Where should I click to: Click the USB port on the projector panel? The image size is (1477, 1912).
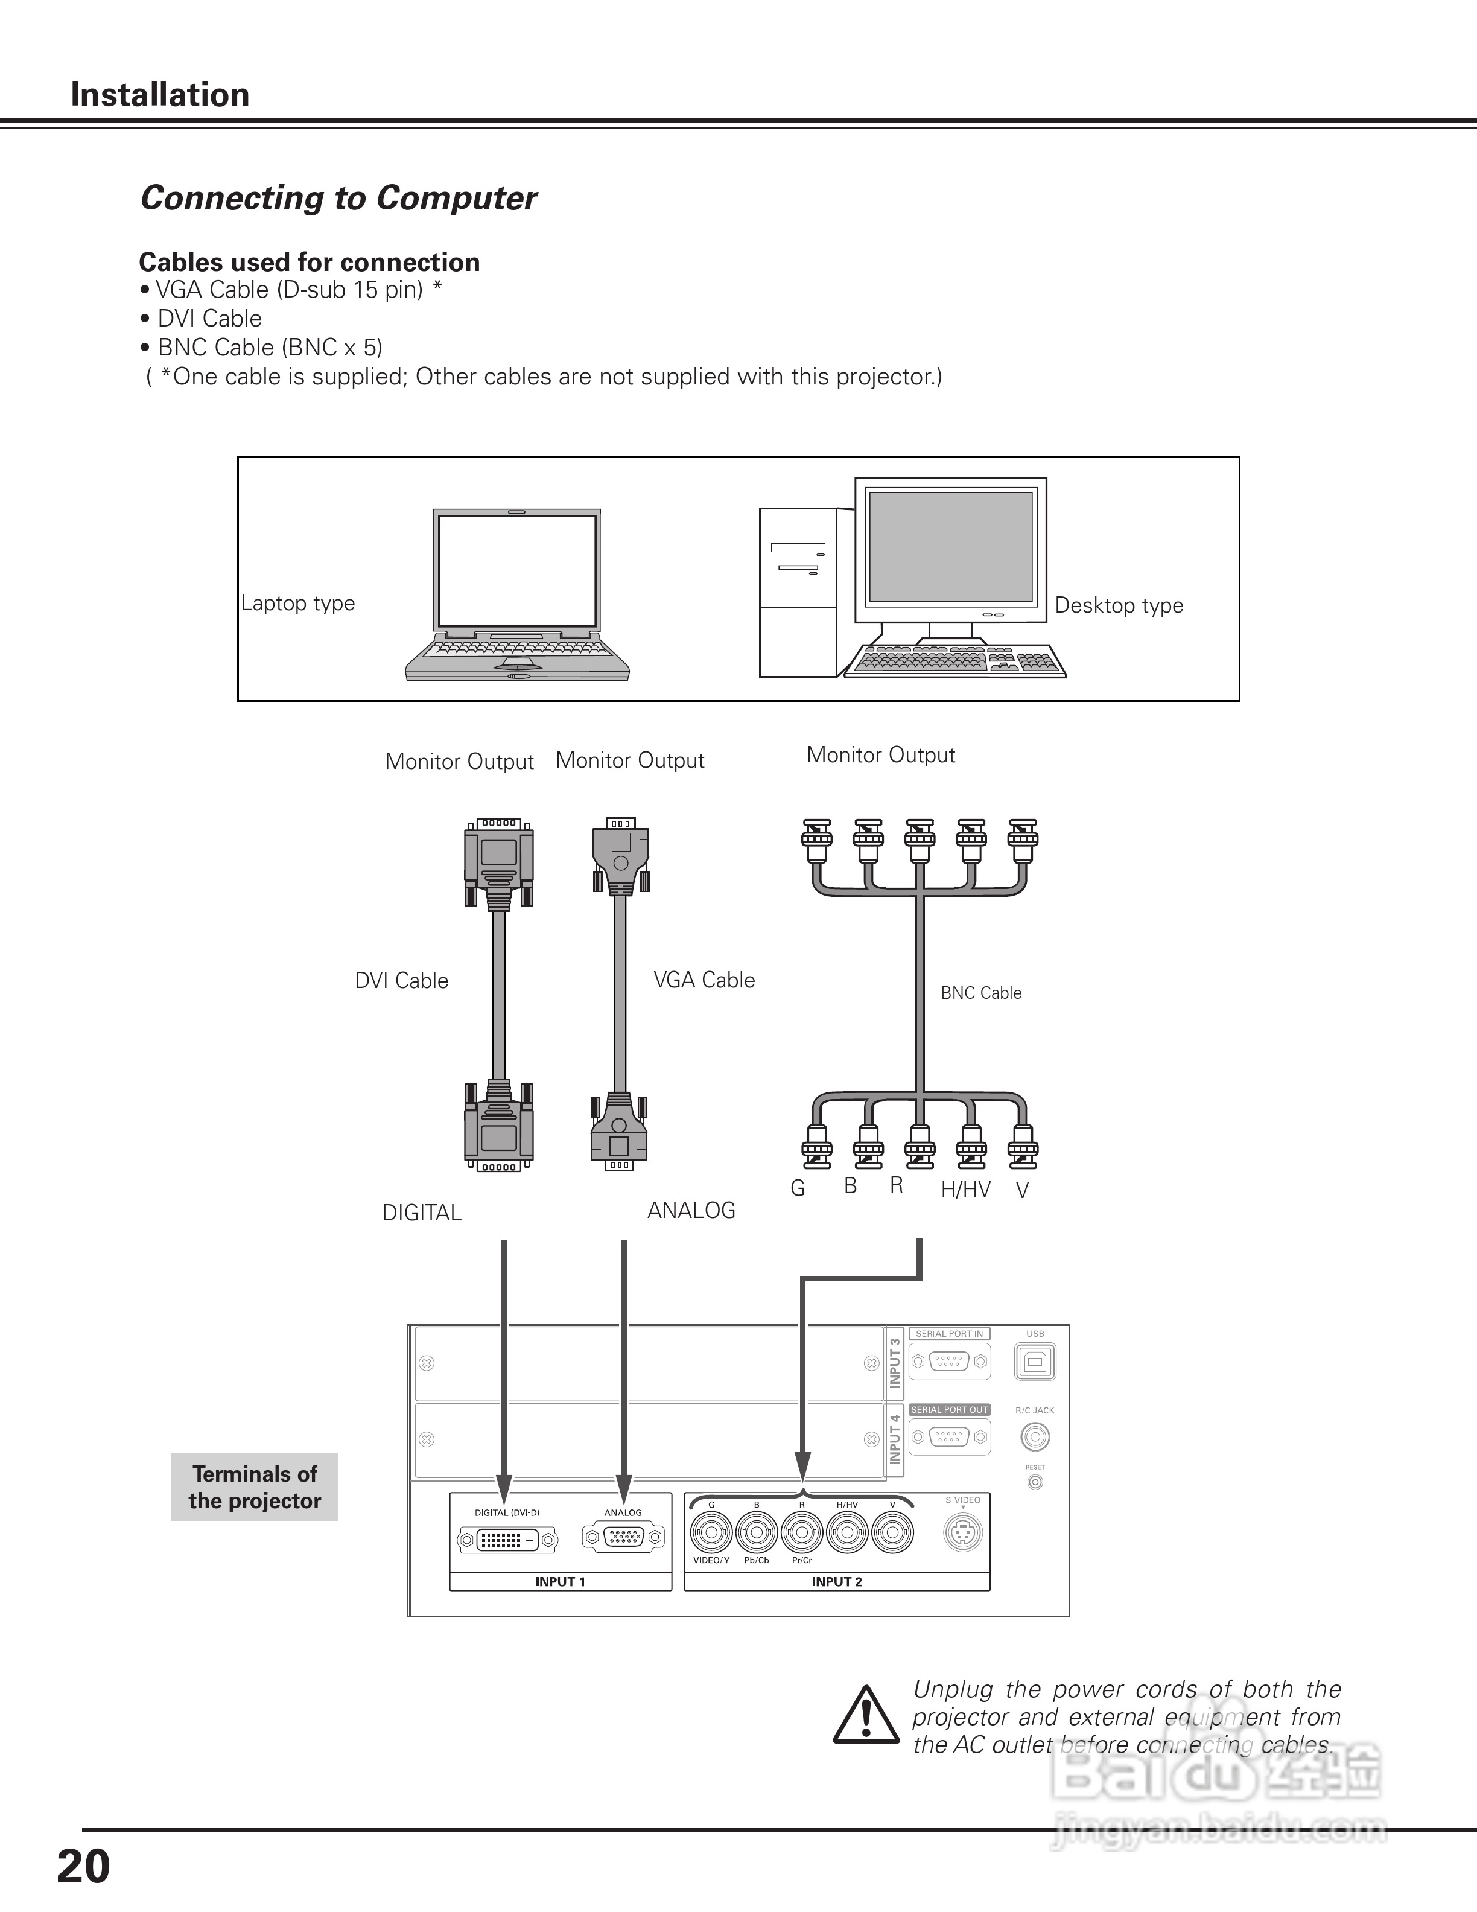(x=1035, y=1362)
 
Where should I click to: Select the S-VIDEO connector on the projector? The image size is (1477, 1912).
(x=962, y=1533)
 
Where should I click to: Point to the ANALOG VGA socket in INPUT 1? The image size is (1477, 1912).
(x=623, y=1537)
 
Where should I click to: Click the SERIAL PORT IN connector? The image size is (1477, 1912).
(x=950, y=1362)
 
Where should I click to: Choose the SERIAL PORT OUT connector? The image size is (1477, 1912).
(x=950, y=1436)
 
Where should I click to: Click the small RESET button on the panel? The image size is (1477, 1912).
(x=1035, y=1482)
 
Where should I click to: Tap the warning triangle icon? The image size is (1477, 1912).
(x=865, y=1715)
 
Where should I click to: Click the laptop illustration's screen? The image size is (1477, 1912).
(x=517, y=570)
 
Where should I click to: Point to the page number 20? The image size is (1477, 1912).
(x=84, y=1867)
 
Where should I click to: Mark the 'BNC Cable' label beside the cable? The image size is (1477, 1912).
(x=981, y=993)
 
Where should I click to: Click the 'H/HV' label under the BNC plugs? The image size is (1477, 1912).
(x=966, y=1189)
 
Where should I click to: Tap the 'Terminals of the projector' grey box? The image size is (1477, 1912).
(x=255, y=1487)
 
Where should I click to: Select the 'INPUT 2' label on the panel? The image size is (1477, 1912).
(x=836, y=1582)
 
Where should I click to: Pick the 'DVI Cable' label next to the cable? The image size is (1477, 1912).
(x=402, y=981)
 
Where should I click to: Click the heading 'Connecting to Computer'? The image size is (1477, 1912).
(x=338, y=198)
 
